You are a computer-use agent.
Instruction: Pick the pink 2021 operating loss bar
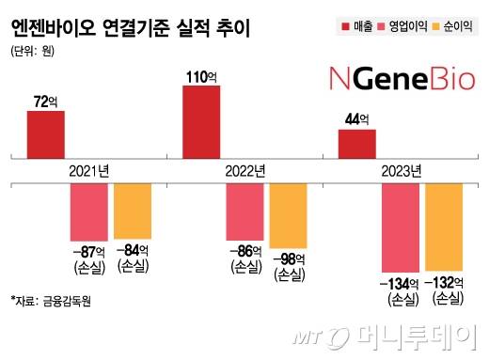coord(89,211)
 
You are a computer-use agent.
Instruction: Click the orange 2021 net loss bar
coord(133,211)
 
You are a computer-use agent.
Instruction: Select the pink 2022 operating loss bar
coord(245,212)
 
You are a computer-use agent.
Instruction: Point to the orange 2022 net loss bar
coord(288,216)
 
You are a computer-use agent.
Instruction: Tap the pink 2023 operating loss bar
coord(401,227)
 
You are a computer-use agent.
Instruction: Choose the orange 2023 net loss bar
coord(444,227)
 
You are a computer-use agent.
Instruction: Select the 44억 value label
coord(356,119)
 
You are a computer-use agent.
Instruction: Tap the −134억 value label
coord(401,281)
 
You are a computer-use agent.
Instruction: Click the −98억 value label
coord(288,258)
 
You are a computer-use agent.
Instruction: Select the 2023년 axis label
coord(401,171)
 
